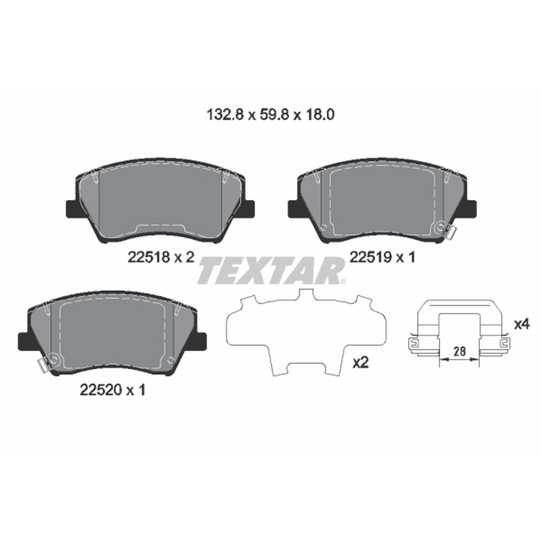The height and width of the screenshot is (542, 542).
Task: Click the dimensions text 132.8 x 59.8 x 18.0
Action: click(270, 114)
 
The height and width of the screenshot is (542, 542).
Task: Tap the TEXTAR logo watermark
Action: click(272, 270)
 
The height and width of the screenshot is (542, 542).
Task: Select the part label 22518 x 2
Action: click(161, 257)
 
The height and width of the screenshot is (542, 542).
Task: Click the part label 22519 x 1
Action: click(382, 257)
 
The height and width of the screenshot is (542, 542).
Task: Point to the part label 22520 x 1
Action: click(112, 390)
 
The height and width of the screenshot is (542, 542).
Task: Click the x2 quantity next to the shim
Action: click(360, 362)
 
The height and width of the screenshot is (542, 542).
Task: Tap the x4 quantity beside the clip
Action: click(522, 325)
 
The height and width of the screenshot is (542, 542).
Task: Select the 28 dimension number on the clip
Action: click(459, 351)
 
